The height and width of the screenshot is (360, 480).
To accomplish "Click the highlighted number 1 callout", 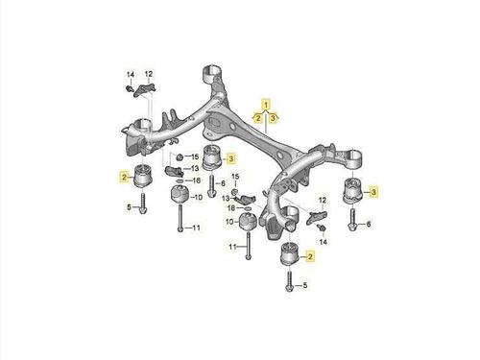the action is point(266,104).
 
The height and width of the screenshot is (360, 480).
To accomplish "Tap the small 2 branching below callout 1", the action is point(257,118).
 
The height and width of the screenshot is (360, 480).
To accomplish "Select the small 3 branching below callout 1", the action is point(273,118).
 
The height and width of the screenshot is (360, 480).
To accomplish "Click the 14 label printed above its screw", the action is point(131,75).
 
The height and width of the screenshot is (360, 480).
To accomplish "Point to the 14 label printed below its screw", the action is point(324,242).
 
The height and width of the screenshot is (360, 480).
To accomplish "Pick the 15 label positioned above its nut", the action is point(235,177).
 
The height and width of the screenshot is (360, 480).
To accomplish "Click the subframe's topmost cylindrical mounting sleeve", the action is point(212,74).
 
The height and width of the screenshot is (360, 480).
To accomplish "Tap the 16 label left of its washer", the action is point(231,208).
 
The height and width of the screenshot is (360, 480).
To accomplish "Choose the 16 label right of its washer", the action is point(196,180).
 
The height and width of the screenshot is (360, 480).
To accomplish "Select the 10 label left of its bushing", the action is point(230,222).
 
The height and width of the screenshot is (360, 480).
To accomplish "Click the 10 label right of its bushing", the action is point(199,197).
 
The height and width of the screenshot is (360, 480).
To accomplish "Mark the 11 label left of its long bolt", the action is point(232,247).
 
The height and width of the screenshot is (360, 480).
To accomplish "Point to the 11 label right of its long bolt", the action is point(196,228).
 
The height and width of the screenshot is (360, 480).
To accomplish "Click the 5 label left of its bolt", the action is point(129,207).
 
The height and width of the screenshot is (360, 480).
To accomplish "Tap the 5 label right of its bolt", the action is point(304,285).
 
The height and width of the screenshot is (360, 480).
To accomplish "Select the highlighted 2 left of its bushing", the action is point(124,177).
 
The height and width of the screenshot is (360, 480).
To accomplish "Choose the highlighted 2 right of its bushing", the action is point(310,256).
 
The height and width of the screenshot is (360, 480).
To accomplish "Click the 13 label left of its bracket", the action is point(226,199).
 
